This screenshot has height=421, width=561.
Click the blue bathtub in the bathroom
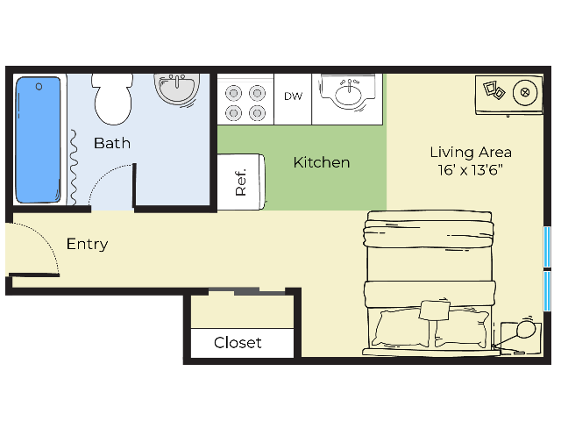(x=38, y=139)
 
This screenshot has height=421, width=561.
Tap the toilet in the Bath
(x=112, y=99)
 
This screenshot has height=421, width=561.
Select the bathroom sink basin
(x=177, y=89)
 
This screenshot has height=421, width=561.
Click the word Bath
(x=112, y=143)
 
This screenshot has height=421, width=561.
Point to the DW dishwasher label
(x=293, y=96)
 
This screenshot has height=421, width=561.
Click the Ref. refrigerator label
(x=241, y=182)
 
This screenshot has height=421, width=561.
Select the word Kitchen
(x=322, y=162)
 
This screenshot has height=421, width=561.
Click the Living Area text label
(x=471, y=153)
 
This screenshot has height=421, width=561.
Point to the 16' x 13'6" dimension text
(x=471, y=169)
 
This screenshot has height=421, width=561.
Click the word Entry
(x=88, y=245)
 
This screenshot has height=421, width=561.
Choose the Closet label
(x=238, y=343)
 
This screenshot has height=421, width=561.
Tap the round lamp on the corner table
(x=525, y=92)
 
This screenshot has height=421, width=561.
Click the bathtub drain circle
(x=39, y=87)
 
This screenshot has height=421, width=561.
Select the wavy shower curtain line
(x=73, y=168)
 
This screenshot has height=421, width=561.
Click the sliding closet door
(x=247, y=291)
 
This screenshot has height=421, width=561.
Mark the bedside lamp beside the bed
(x=525, y=330)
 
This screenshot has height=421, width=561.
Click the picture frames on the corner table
(x=494, y=89)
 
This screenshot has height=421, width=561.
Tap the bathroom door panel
(x=134, y=185)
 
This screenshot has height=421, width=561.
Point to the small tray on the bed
(x=435, y=310)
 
